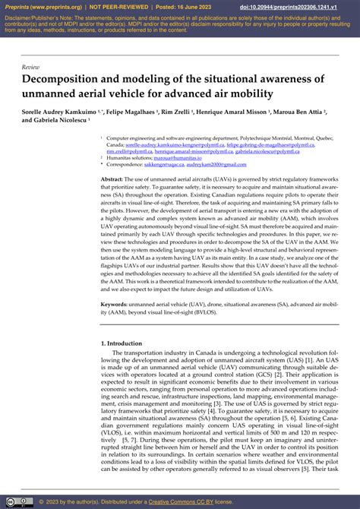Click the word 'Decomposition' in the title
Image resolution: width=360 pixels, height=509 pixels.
[65, 79]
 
